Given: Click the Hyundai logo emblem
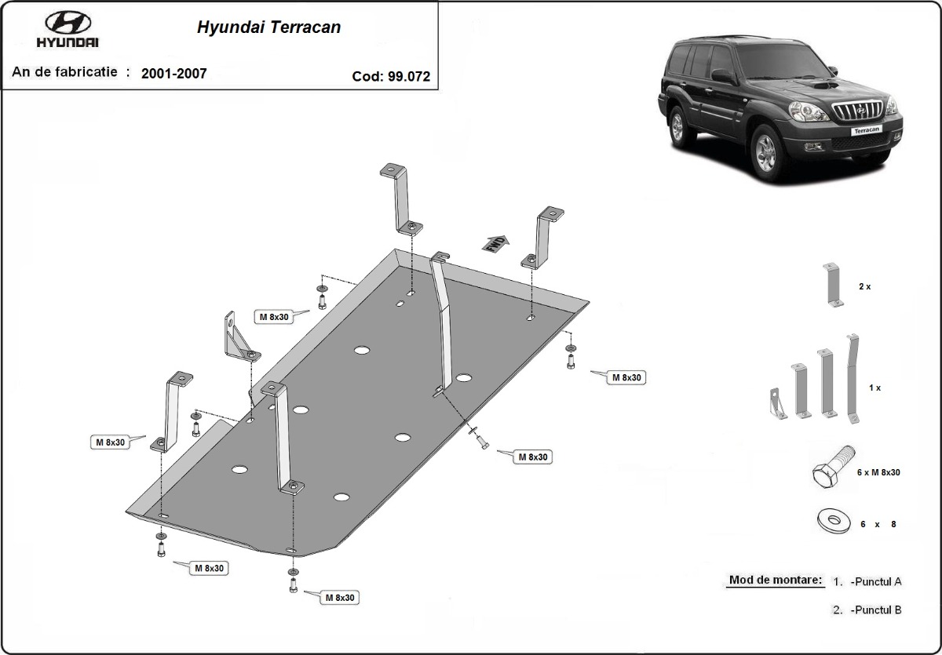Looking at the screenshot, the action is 68,22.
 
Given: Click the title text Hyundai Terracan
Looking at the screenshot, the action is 268,27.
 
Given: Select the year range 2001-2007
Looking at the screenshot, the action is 174,74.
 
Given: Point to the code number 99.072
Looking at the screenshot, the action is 409,76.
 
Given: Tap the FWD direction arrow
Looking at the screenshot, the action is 496,243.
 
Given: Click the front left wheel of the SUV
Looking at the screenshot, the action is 766,152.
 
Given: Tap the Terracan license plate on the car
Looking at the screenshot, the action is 867,130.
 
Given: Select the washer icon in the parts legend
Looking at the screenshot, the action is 834,522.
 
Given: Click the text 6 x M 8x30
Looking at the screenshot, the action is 878,472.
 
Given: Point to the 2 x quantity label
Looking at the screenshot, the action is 864,286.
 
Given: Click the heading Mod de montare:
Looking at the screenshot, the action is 775,580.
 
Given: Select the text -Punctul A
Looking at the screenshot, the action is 875,581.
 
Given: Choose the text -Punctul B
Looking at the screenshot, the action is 875,610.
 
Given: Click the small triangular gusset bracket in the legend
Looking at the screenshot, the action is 778,404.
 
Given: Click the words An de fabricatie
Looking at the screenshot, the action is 64,72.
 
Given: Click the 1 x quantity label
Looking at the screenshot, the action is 874,388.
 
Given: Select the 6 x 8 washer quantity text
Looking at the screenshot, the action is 878,524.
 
